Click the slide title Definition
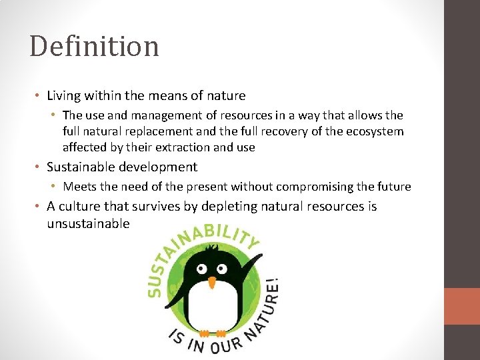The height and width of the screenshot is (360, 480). point(94,47)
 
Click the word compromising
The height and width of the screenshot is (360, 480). point(313,187)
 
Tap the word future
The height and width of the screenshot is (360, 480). point(393,187)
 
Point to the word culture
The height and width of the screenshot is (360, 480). point(80,207)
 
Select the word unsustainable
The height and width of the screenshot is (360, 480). point(88,223)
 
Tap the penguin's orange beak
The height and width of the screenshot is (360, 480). point(212,283)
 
